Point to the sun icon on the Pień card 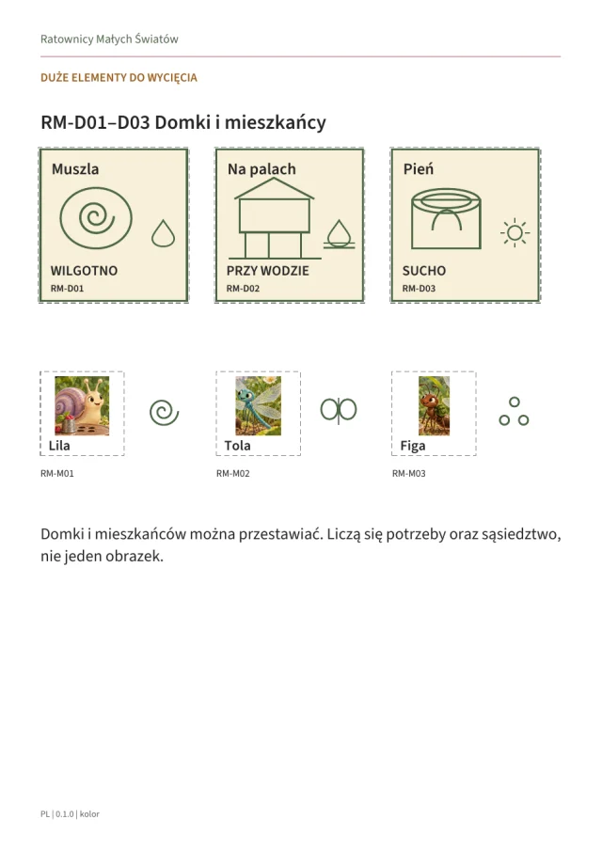tap(515, 233)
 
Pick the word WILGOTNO tap(84, 271)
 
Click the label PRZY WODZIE tap(268, 271)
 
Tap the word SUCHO tap(424, 271)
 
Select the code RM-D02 tap(243, 289)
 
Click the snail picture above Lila tap(82, 405)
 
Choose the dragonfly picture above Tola tap(259, 405)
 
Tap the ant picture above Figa tap(435, 405)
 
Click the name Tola tap(237, 446)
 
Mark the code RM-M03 tap(409, 474)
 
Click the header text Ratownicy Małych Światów tap(109, 39)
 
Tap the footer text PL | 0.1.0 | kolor tap(70, 814)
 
